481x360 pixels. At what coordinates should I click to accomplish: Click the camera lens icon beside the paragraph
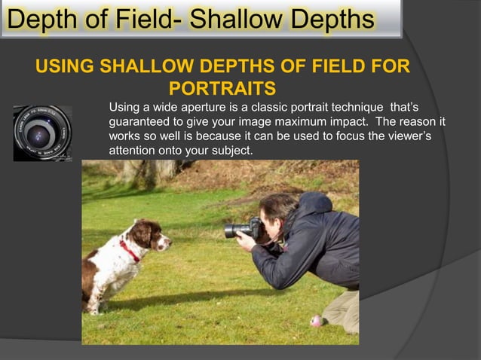click(41, 133)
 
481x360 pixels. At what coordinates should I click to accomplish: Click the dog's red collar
click(129, 250)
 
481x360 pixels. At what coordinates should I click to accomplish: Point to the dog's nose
click(169, 243)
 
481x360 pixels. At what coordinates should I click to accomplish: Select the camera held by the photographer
click(242, 228)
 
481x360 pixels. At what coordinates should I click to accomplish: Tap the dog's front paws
click(98, 307)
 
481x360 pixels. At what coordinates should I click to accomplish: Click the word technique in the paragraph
click(357, 106)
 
